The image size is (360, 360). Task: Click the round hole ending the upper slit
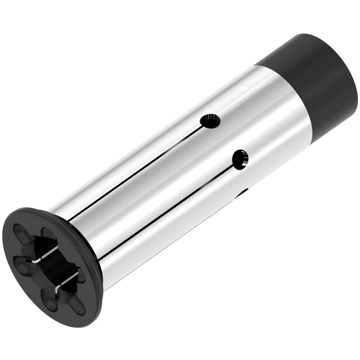click(x=210, y=121)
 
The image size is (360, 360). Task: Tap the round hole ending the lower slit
click(x=240, y=159)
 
